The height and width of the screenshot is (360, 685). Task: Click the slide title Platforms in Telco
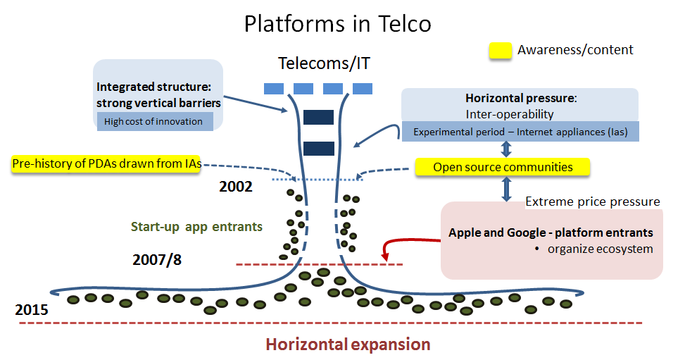[x=337, y=24]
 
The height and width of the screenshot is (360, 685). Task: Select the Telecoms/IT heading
[x=324, y=63]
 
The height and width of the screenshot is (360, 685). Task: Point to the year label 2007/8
[x=158, y=260]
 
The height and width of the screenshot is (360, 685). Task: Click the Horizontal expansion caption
[x=347, y=345]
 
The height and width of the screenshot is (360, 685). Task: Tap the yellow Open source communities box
[x=502, y=167]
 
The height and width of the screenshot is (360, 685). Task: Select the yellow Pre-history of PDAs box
[x=106, y=164]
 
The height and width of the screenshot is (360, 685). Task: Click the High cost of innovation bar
[x=153, y=121]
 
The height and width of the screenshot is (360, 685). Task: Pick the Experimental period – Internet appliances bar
[x=520, y=132]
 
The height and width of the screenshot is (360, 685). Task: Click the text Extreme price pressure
[x=593, y=202]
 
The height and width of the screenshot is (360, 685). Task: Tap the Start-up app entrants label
[x=196, y=227]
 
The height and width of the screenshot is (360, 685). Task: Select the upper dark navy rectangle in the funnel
[x=318, y=117]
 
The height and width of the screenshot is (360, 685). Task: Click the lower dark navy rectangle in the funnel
[x=318, y=148]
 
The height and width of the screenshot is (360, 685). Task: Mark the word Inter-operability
[x=510, y=114]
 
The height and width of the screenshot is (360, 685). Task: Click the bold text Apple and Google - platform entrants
[x=551, y=232]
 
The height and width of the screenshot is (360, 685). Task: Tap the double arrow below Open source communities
[x=505, y=189]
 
